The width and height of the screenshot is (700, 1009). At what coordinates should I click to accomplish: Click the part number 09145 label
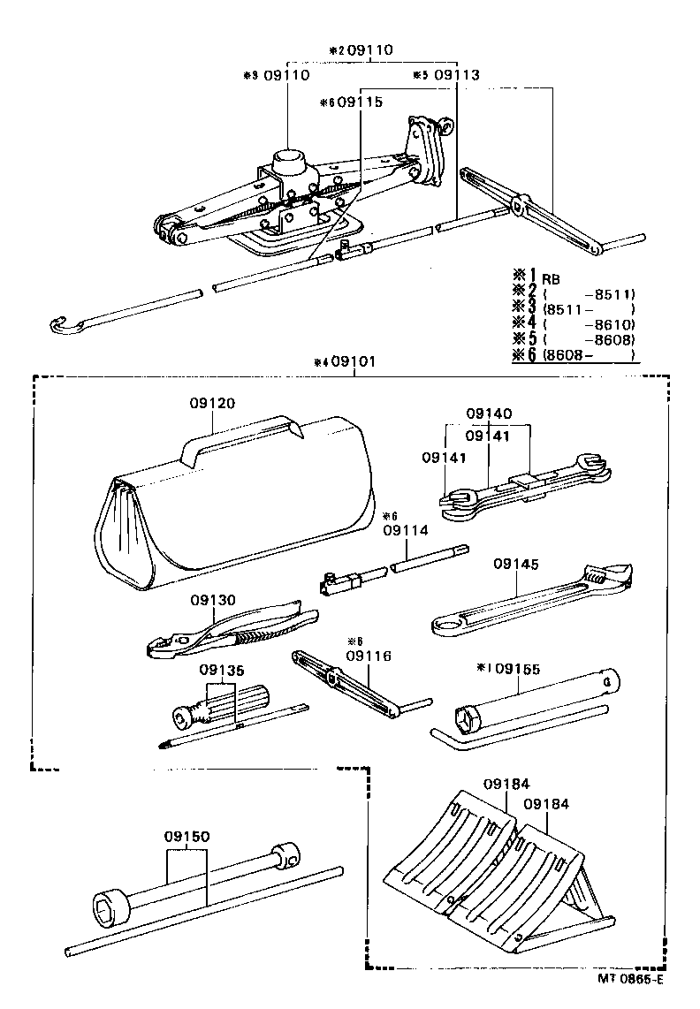click(x=516, y=563)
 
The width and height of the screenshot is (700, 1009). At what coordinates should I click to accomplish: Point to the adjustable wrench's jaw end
click(x=610, y=575)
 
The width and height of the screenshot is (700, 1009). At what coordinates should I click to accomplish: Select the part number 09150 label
click(x=186, y=836)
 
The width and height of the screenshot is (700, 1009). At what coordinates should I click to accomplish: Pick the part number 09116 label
click(x=369, y=656)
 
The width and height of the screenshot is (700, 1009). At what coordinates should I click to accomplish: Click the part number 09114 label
click(x=406, y=530)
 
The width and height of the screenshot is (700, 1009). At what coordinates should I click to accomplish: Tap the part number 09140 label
click(x=489, y=413)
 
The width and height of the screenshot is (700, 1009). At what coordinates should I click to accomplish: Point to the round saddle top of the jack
click(x=290, y=161)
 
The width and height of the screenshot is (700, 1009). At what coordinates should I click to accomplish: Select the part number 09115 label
click(x=360, y=102)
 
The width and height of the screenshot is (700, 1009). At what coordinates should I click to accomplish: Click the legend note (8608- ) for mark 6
click(x=590, y=354)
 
